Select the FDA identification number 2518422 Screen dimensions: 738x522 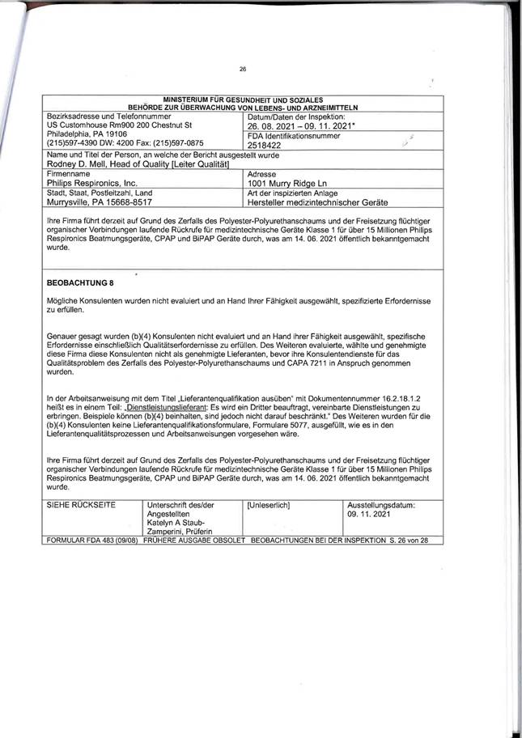pyautogui.click(x=264, y=146)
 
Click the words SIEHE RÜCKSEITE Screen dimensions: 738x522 pyautogui.click(x=82, y=505)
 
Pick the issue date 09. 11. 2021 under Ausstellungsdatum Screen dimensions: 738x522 pyautogui.click(x=368, y=514)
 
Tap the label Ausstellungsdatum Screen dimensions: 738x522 pyautogui.click(x=381, y=505)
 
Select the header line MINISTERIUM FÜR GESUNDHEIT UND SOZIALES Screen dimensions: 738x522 pyautogui.click(x=244, y=99)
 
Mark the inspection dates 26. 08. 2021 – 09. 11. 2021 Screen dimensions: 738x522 pyautogui.click(x=299, y=127)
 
